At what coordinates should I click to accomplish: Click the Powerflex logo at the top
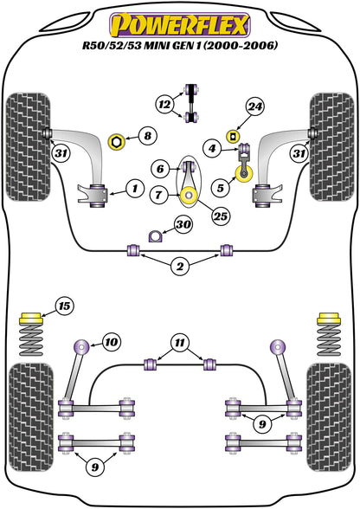(x=179, y=20)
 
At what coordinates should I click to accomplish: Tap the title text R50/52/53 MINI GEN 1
(x=179, y=43)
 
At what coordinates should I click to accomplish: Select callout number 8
(x=146, y=135)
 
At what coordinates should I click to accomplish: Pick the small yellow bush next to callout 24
(x=231, y=135)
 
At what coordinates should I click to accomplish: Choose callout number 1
(x=134, y=187)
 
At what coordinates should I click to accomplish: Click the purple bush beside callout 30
(x=157, y=233)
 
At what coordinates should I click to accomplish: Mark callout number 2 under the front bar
(x=179, y=267)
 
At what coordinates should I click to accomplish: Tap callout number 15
(x=64, y=305)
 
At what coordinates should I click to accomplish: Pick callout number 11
(x=179, y=343)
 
